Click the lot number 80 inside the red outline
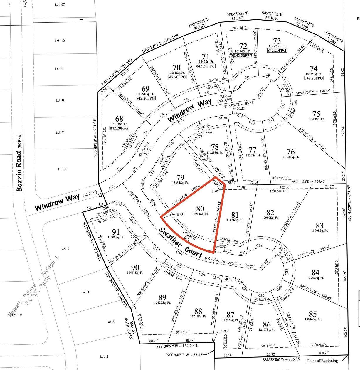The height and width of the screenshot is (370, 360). [x=200, y=209]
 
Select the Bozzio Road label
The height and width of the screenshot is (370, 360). [x=20, y=171]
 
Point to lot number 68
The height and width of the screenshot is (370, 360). [x=119, y=119]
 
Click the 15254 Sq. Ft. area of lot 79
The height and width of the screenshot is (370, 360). [x=180, y=183]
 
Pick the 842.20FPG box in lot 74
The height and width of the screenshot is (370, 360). [x=314, y=78]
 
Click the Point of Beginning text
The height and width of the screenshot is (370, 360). [x=322, y=361]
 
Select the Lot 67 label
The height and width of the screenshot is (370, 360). [x=60, y=5]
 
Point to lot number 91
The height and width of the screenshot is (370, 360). [x=116, y=232]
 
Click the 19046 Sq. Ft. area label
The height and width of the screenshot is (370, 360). [x=313, y=319]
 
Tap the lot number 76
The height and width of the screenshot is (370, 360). [x=290, y=152]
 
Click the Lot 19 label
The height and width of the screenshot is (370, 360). [x=17, y=315]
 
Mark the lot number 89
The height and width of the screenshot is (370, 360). [x=162, y=297]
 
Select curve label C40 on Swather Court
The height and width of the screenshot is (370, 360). [x=179, y=252]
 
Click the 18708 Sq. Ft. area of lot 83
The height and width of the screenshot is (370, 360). [x=319, y=231]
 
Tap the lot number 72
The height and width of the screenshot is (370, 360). [x=243, y=46]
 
